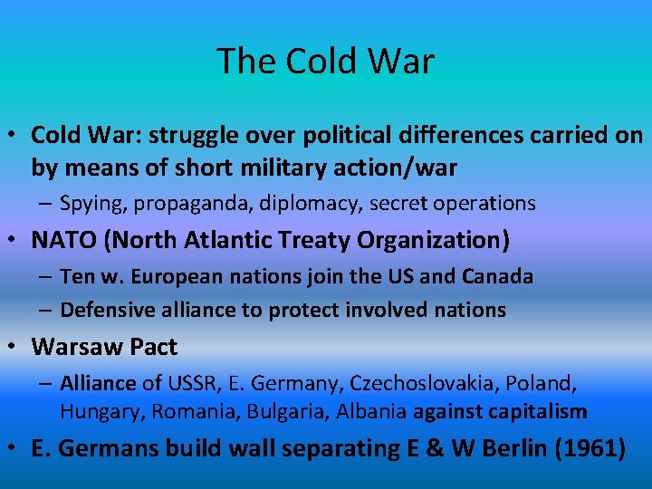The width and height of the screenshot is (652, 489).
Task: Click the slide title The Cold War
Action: (x=325, y=61)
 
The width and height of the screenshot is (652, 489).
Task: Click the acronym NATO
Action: (x=60, y=240)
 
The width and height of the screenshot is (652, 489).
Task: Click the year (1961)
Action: (x=586, y=448)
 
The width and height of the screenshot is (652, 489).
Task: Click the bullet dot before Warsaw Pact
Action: (x=16, y=347)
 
